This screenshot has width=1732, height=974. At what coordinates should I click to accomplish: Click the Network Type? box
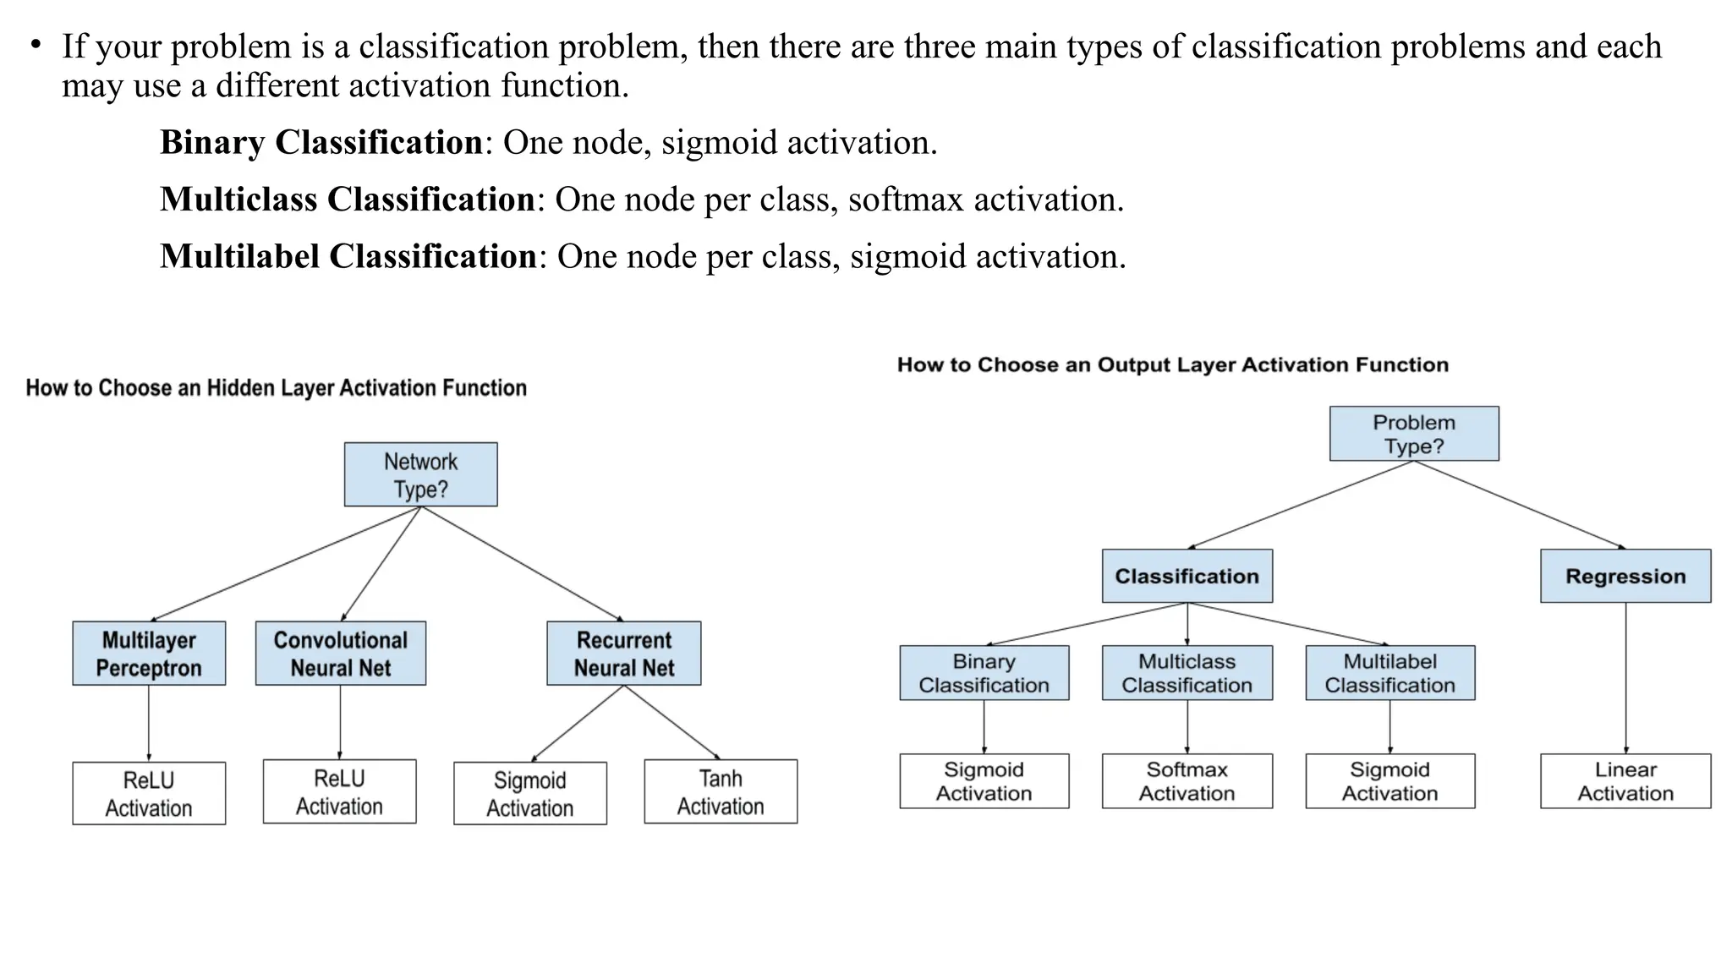[x=420, y=474]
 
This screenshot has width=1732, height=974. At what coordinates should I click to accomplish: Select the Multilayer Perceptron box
[x=149, y=654]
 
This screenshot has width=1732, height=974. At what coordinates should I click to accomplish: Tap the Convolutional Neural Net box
[x=340, y=654]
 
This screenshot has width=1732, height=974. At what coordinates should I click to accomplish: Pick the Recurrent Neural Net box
[x=623, y=654]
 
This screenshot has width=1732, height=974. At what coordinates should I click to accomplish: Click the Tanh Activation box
[x=721, y=791]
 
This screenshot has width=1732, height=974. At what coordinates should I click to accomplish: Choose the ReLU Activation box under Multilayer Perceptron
[x=149, y=793]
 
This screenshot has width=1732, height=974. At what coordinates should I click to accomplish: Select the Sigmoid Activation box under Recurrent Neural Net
[x=529, y=793]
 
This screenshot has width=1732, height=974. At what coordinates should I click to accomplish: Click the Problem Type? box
[x=1414, y=434]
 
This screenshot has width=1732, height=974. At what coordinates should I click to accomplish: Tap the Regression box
[x=1625, y=576]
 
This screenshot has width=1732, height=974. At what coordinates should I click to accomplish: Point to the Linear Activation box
[x=1625, y=781]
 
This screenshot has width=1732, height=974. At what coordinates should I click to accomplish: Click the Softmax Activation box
[x=1187, y=781]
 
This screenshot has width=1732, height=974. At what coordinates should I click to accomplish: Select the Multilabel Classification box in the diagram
[x=1389, y=673]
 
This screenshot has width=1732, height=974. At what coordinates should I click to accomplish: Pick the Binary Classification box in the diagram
[x=984, y=673]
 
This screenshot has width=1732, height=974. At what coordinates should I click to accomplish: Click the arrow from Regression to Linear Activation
[x=1625, y=676]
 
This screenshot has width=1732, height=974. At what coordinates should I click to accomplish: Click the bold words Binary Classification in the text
[x=321, y=142]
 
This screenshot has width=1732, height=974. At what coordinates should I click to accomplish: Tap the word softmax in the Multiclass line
[x=905, y=200]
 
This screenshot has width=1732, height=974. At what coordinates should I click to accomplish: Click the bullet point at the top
[x=36, y=44]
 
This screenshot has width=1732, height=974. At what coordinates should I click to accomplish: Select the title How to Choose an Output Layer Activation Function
[x=1172, y=365]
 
